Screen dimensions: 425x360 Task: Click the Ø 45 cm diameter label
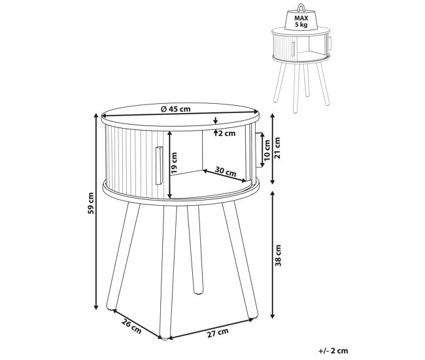click(x=176, y=109)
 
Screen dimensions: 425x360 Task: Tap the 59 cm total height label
click(x=91, y=203)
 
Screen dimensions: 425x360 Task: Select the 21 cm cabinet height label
click(x=277, y=148)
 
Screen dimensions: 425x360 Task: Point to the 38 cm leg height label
click(x=278, y=255)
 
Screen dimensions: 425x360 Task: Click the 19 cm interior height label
click(x=174, y=163)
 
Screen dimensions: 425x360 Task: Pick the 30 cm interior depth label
click(x=226, y=171)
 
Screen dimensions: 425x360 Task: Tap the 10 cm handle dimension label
click(x=267, y=150)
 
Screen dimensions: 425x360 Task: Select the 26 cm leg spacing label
click(x=131, y=327)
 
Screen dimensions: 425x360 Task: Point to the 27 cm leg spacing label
click(x=218, y=333)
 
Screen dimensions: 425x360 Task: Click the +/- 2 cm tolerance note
click(x=333, y=351)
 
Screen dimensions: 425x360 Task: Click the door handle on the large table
click(x=159, y=165)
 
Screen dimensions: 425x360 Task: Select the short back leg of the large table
click(x=195, y=250)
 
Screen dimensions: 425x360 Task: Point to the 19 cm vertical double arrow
click(x=170, y=165)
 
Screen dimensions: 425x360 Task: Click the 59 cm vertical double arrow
click(x=95, y=212)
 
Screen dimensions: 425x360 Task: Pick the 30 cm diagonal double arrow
click(x=224, y=176)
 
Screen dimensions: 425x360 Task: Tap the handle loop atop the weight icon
click(x=301, y=7)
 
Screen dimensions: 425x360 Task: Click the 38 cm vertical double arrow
click(x=273, y=254)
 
